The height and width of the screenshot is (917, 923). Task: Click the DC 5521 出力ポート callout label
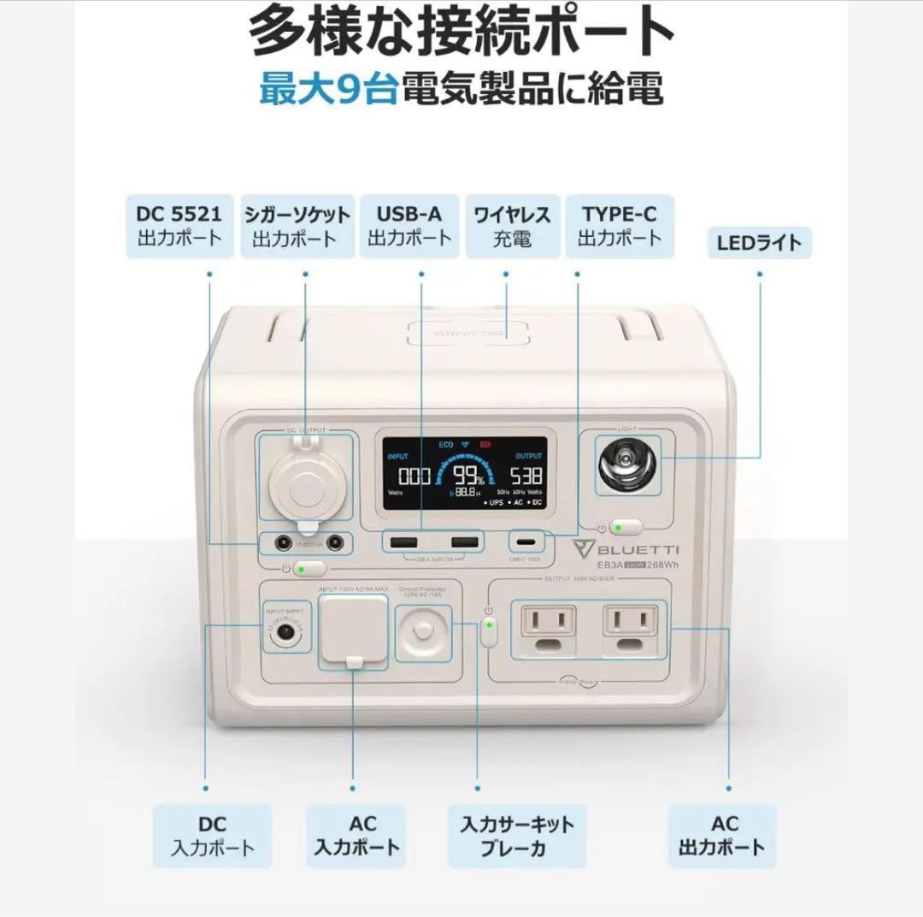(179, 226)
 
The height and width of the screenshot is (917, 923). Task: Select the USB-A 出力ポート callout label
(409, 226)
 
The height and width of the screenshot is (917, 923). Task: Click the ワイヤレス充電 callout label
(512, 226)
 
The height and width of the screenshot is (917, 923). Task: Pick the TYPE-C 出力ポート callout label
(620, 226)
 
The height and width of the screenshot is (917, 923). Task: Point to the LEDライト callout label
(759, 243)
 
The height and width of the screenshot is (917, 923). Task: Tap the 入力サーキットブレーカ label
(517, 836)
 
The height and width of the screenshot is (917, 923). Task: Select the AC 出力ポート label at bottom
(722, 836)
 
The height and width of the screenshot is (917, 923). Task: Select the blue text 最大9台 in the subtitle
(328, 91)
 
